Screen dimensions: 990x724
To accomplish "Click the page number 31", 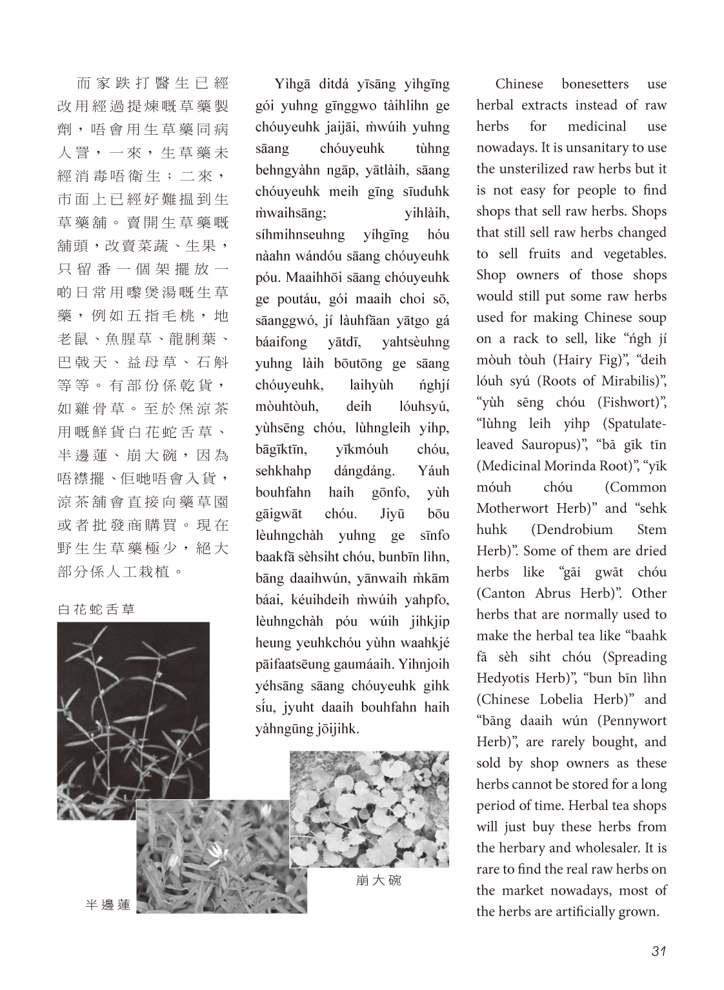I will tap(658, 951).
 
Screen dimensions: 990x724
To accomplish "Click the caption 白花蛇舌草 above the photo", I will tap(96, 609).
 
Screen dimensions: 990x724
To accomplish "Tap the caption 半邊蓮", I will tap(108, 905).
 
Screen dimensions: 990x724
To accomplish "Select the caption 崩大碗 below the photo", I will tap(378, 880).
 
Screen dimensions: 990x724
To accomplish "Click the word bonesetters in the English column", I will tap(585, 84).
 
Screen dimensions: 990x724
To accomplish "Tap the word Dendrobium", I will tap(572, 530).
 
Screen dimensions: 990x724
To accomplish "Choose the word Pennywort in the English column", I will tap(636, 720).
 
